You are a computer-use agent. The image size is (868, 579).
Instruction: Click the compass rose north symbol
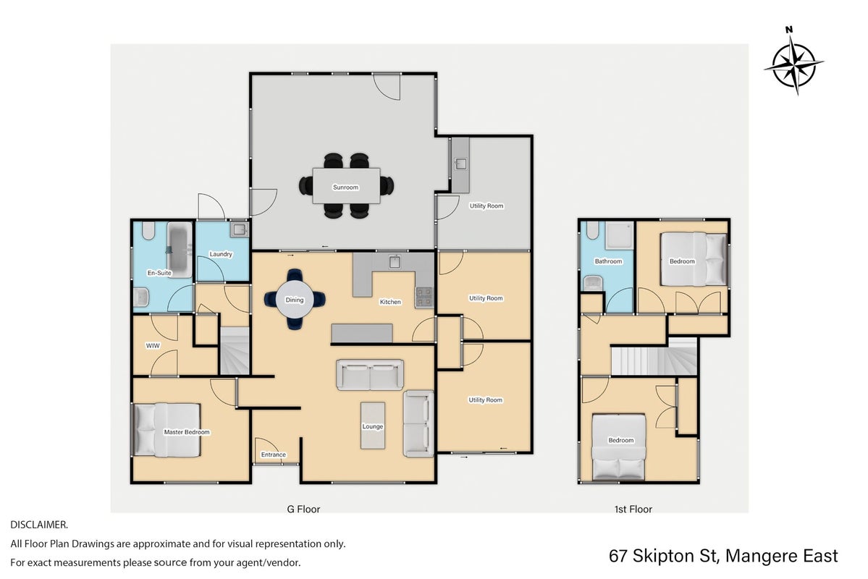[794, 64]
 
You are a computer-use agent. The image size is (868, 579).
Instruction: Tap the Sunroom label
[345, 187]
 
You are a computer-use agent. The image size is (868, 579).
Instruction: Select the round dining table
[295, 300]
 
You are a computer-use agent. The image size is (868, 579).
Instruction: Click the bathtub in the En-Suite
[179, 249]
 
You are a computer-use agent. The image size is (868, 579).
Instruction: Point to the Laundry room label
[221, 254]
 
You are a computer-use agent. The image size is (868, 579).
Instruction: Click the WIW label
[153, 345]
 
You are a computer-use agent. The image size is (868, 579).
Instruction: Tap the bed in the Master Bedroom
[167, 430]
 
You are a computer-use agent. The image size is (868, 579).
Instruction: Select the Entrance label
[274, 455]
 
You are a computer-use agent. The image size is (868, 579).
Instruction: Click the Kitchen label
[390, 302]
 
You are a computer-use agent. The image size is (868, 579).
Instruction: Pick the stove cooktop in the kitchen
[424, 297]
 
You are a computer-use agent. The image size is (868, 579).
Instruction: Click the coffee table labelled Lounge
[373, 425]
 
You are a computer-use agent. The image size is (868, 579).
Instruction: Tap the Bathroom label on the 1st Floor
[608, 261]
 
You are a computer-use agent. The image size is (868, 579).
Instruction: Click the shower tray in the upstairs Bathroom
[619, 237]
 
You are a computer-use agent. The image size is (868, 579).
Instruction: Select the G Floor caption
[303, 510]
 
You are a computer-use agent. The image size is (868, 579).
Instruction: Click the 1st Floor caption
[633, 510]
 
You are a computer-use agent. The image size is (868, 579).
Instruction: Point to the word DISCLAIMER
[39, 525]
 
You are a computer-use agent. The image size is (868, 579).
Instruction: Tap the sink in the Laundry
[239, 229]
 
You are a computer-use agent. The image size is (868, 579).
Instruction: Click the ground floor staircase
[235, 350]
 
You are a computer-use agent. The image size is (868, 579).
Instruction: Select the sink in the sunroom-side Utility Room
[460, 164]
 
